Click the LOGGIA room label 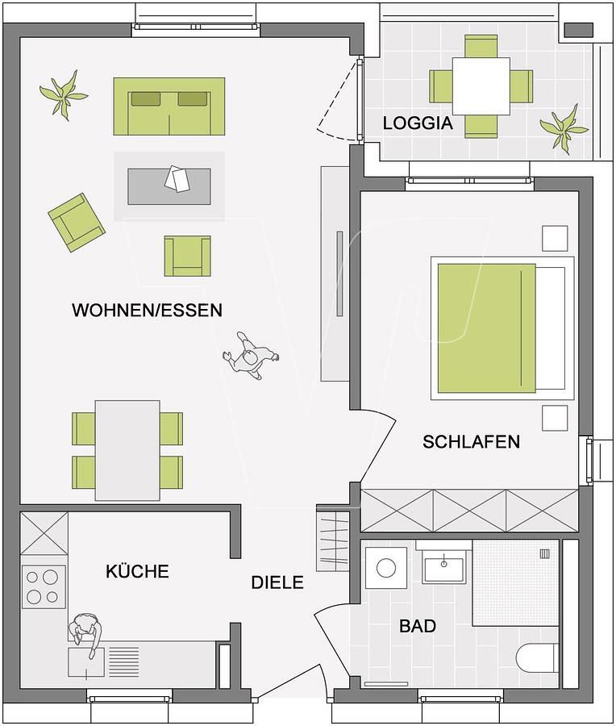418,123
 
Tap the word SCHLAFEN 471,442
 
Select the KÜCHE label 137,571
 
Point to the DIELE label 277,582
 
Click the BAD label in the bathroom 418,626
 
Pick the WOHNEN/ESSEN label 148,310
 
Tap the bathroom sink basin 443,568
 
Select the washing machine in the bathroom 386,568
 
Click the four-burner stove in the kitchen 44,587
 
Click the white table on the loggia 481,86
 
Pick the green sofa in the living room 169,106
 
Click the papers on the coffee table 177,178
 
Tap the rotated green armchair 77,223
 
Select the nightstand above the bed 555,239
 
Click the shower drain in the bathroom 545,553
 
